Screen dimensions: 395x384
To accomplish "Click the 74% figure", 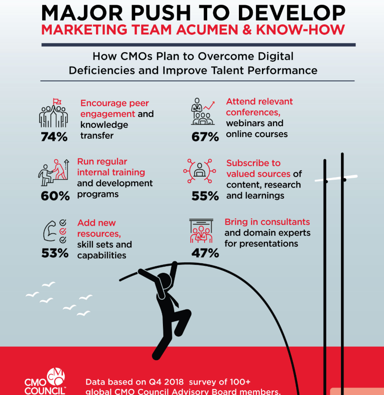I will pyautogui.click(x=54, y=137).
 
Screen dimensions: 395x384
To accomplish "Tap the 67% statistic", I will pyautogui.click(x=205, y=137).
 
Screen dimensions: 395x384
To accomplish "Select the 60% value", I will pyautogui.click(x=55, y=196).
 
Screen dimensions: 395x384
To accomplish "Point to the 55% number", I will pyautogui.click(x=205, y=196).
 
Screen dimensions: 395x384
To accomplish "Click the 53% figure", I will pyautogui.click(x=55, y=253).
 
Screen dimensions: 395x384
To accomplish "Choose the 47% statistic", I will pyautogui.click(x=205, y=253).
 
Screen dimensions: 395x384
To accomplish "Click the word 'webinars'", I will pyautogui.click(x=246, y=123).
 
